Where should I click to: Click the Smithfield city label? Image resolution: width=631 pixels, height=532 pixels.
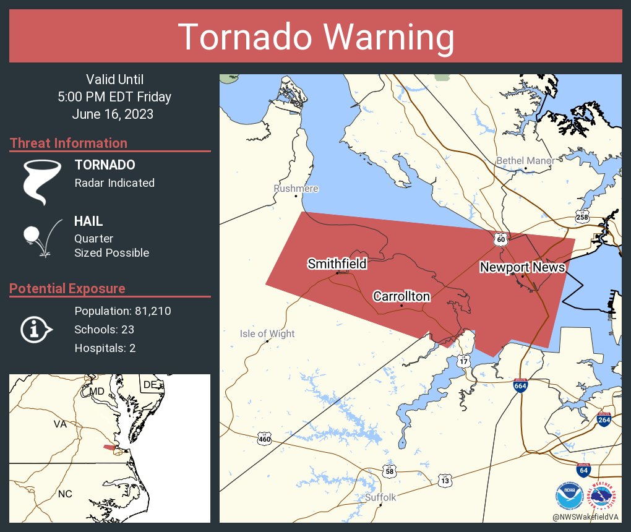click(x=337, y=264)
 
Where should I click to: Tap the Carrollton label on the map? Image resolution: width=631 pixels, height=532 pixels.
click(x=401, y=296)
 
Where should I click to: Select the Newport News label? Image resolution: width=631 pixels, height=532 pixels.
click(x=522, y=267)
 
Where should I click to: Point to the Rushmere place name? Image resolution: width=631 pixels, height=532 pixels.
click(x=296, y=188)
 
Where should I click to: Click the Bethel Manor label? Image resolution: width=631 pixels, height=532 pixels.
click(x=525, y=161)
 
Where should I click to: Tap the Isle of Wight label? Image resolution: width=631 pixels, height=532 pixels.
click(x=267, y=334)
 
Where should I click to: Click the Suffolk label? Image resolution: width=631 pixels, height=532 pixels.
click(x=380, y=497)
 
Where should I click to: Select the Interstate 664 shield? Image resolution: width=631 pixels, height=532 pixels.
click(x=520, y=385)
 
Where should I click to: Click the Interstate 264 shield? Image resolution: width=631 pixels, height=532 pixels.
click(x=605, y=419)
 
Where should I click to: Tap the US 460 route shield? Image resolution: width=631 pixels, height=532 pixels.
click(x=264, y=439)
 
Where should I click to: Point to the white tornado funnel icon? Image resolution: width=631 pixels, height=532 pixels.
click(x=41, y=181)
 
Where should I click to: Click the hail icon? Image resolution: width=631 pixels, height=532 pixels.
click(x=41, y=238)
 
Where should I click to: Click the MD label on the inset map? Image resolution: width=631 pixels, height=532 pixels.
click(x=97, y=392)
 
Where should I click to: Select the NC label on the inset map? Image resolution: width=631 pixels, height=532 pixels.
click(x=64, y=494)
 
